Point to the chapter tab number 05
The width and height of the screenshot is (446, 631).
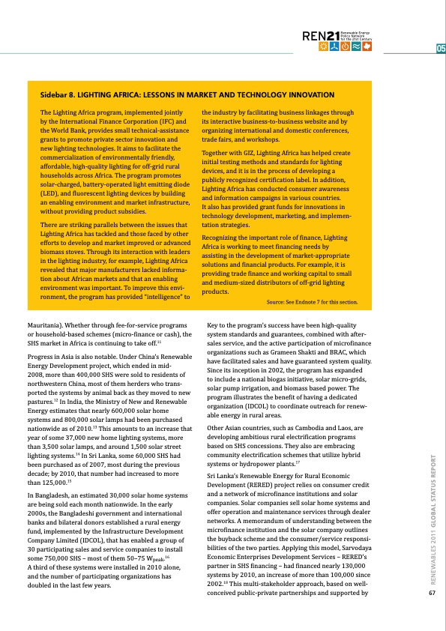pyautogui.click(x=441, y=49)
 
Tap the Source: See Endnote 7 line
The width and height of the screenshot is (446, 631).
pyautogui.click(x=317, y=303)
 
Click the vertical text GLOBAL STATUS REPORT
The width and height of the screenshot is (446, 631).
pyautogui.click(x=433, y=520)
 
